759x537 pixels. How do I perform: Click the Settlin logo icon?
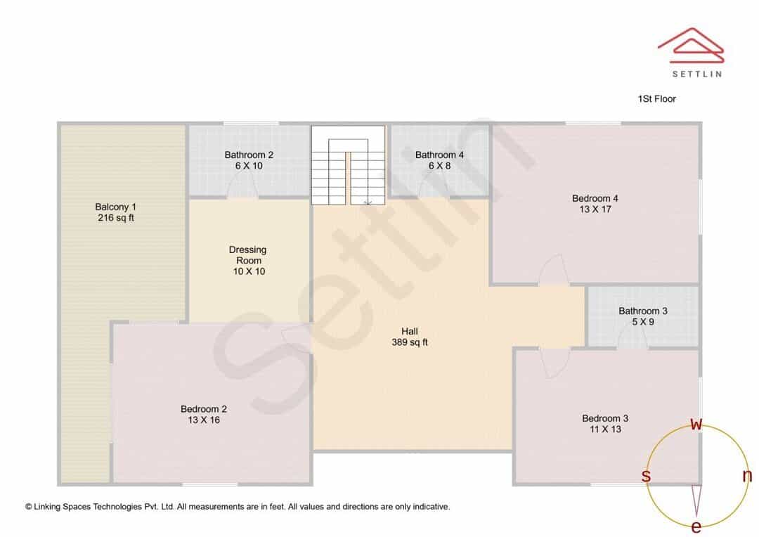point(691,45)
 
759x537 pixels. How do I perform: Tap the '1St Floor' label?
point(657,99)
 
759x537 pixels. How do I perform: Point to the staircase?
point(348,165)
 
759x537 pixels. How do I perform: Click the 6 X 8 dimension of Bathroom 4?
point(439,166)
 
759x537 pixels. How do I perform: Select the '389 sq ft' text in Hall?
point(410,342)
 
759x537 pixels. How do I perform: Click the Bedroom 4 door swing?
point(553,269)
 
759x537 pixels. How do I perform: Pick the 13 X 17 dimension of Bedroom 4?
point(595,209)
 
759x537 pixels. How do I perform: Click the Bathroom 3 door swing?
point(632,333)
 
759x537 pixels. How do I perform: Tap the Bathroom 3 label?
point(643,311)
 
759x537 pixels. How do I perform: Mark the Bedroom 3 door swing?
point(554,363)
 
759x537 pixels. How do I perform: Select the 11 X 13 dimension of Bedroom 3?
point(606,429)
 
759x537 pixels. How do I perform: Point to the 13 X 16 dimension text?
point(204,420)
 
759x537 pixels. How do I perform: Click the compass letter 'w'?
point(696,424)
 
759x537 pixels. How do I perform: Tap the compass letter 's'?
point(646,476)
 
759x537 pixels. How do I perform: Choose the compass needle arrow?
point(696,500)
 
